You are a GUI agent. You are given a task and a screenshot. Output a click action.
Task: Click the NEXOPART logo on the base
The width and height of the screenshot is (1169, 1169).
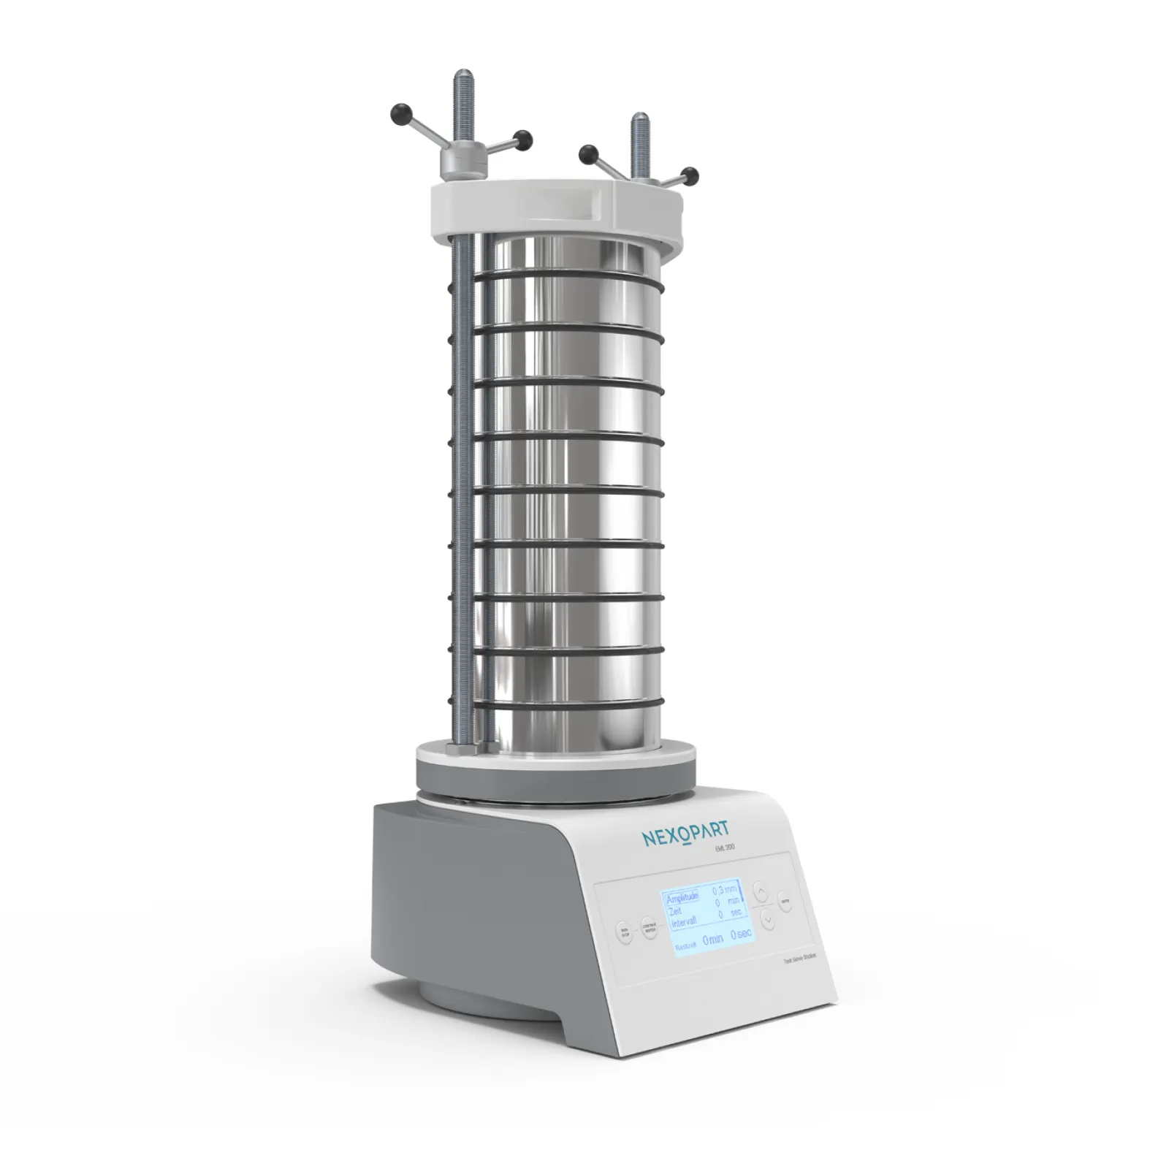(686, 834)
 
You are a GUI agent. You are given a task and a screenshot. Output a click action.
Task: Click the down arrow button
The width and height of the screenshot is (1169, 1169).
(767, 918)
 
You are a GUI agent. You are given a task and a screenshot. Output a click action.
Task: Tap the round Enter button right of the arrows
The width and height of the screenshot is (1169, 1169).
(785, 902)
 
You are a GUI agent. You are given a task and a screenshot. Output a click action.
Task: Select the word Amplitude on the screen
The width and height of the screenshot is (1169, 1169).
(682, 896)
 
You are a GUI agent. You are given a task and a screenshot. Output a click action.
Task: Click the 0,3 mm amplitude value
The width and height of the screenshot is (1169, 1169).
(724, 891)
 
